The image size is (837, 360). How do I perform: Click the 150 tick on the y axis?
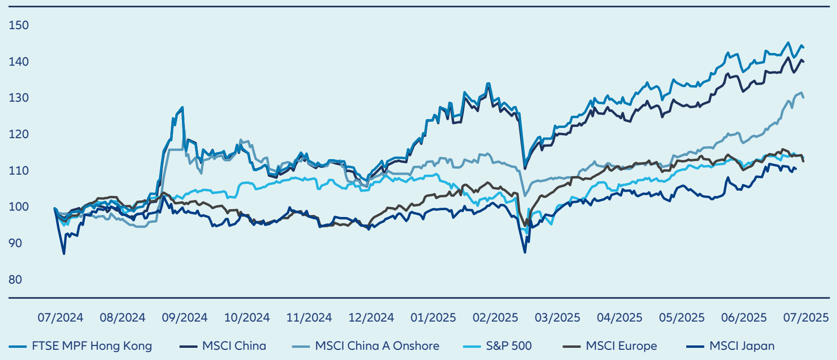pyautogui.click(x=18, y=25)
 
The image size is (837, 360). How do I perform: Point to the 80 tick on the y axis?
pyautogui.click(x=15, y=280)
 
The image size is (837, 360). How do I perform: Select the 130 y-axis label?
pyautogui.click(x=18, y=98)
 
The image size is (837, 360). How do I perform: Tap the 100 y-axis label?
pyautogui.click(x=18, y=207)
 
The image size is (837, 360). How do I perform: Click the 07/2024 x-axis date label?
pyautogui.click(x=60, y=318)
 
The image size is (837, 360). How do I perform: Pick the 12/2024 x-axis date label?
pyautogui.click(x=371, y=318)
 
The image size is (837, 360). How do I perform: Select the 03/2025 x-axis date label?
pyautogui.click(x=557, y=318)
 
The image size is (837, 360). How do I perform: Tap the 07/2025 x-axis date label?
pyautogui.click(x=805, y=318)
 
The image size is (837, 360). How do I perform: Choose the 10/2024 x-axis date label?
pyautogui.click(x=247, y=318)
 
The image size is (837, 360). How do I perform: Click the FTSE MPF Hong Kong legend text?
pyautogui.click(x=92, y=346)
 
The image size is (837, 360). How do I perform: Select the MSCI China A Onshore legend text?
pyautogui.click(x=377, y=346)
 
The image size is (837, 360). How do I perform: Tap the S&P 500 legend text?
pyautogui.click(x=509, y=346)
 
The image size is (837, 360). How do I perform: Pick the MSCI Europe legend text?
pyautogui.click(x=621, y=346)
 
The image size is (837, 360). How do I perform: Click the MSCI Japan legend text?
pyautogui.click(x=742, y=346)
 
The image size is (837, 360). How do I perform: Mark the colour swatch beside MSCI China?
pyautogui.click(x=188, y=346)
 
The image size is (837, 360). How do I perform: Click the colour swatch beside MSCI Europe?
pyautogui.click(x=571, y=346)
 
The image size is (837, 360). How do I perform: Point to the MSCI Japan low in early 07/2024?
pyautogui.click(x=64, y=253)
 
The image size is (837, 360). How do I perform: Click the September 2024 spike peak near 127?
pyautogui.click(x=182, y=108)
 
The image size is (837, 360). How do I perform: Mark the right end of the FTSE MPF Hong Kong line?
pyautogui.click(x=803, y=47)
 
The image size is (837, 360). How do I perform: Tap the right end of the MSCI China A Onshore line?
pyautogui.click(x=803, y=98)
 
